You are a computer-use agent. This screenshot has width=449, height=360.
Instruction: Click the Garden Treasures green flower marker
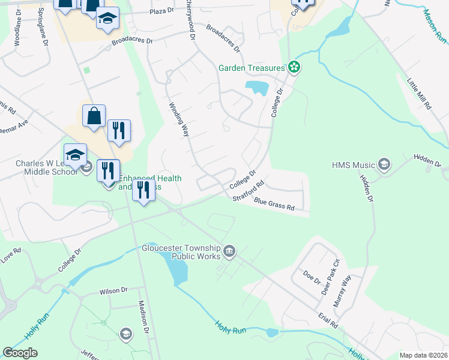pos(294,67)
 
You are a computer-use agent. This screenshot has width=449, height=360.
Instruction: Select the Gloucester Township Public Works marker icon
pos(229,251)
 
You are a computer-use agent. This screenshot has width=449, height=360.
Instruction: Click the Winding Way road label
pos(176,119)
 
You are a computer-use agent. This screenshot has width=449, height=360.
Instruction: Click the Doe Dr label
pos(310,277)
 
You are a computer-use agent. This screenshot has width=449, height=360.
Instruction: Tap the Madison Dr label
pos(143,321)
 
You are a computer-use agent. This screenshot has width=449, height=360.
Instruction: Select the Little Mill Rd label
pos(419,92)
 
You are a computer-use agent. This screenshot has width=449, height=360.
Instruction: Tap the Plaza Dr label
pos(161,11)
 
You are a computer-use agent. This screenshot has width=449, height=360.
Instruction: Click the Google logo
pos(20,353)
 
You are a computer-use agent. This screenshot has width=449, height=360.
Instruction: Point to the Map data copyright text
pos(424,355)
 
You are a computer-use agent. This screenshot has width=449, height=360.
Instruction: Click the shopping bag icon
pos(94,116)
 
